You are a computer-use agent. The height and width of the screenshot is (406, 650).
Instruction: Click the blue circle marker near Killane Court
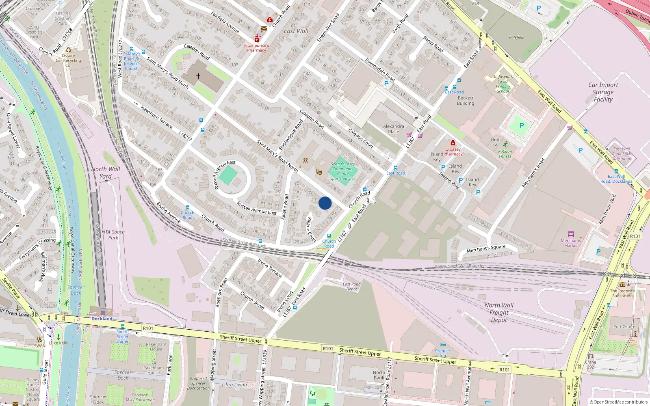point(325,203)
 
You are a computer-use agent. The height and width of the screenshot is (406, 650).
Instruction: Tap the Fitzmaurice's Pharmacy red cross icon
point(257,39)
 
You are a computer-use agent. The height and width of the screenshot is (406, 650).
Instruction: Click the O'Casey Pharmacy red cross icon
point(453,143)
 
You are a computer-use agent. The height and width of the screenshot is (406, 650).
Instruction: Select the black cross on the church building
point(198,76)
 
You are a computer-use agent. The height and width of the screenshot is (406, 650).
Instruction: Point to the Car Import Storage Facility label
point(603,92)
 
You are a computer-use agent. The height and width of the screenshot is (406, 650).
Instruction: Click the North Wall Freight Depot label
point(499,312)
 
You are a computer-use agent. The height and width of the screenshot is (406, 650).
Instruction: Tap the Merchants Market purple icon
point(571,234)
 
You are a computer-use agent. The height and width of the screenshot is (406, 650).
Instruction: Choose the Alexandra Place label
point(393,129)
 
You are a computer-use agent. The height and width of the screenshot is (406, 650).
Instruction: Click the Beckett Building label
point(466,100)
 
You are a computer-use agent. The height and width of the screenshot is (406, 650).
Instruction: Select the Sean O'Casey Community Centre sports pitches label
point(343,171)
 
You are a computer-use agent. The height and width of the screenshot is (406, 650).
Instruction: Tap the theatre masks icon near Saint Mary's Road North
point(319,173)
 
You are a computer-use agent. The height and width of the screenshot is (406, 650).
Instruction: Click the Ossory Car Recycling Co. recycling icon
point(68,50)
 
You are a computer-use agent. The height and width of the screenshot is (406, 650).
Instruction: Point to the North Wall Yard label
point(106,173)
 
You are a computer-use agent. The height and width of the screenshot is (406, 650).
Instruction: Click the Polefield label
point(517,37)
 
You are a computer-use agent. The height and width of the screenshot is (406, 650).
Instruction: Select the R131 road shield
point(635,236)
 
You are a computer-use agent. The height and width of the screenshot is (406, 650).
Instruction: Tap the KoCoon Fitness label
point(505,153)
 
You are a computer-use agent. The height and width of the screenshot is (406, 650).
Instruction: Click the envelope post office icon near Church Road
point(264,28)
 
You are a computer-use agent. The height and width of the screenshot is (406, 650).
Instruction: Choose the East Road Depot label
point(351,287)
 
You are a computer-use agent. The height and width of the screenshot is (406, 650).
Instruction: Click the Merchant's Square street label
point(486,248)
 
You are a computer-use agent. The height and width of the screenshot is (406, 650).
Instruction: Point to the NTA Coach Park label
point(113,235)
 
